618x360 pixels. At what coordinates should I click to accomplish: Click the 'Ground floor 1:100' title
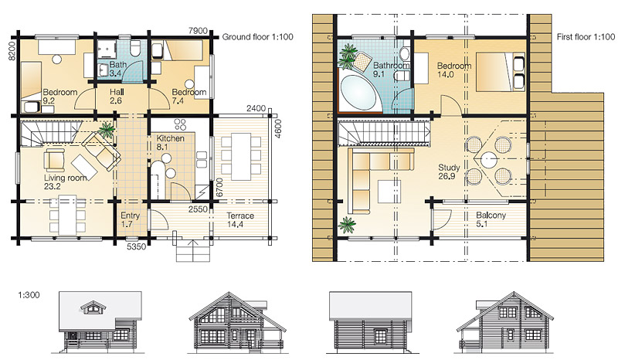point(258,37)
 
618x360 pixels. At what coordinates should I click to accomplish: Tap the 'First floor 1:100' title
point(586,37)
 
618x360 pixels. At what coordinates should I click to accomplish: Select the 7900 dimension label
point(198,31)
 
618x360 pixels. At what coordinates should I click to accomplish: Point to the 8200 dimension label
point(12,51)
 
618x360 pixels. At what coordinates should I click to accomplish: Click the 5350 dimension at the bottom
point(137,247)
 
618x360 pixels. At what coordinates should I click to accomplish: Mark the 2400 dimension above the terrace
point(256,108)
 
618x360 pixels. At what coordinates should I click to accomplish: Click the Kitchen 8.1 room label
point(170,143)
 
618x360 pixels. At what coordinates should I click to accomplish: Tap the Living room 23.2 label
point(65,182)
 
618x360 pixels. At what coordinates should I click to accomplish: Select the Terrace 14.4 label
point(240,220)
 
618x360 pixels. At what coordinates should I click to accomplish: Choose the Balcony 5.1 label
point(491,219)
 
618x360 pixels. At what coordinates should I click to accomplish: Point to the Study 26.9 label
point(449,172)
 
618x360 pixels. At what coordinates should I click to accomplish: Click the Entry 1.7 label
point(130,220)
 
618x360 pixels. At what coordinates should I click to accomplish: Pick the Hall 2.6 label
point(117,97)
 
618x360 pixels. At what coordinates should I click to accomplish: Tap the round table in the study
point(488,161)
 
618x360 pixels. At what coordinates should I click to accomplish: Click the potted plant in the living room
point(106,130)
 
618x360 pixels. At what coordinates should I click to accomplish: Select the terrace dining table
point(240,157)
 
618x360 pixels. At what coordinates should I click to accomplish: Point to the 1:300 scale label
point(29,295)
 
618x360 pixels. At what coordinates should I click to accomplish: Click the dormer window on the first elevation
point(91,307)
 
